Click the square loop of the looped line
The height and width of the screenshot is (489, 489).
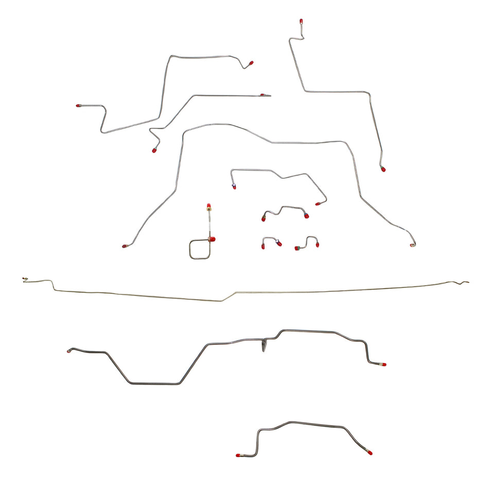[200, 249]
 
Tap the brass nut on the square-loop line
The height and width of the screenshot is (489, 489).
[209, 208]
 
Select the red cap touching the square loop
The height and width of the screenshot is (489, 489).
[212, 239]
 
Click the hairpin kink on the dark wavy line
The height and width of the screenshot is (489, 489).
[265, 345]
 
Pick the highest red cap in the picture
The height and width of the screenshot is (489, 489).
[301, 21]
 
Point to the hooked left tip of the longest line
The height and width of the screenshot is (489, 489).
[25, 280]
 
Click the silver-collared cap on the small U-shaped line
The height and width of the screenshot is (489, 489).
[278, 243]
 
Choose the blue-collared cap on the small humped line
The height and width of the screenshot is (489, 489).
[234, 186]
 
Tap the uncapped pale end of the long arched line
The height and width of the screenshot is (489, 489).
[413, 244]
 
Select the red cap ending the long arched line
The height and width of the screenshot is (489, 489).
[124, 246]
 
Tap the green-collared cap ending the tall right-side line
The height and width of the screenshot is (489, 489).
[383, 168]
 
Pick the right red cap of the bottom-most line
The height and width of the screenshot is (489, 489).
[369, 453]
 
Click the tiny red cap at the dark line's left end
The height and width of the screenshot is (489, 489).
[68, 351]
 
